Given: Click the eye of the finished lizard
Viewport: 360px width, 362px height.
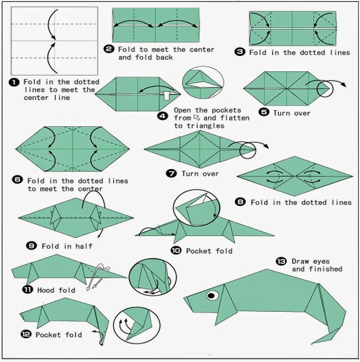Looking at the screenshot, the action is (x=213, y=295).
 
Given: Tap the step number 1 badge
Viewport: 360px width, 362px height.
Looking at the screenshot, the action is (x=14, y=82).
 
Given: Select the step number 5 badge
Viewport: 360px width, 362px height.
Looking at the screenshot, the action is (x=264, y=112).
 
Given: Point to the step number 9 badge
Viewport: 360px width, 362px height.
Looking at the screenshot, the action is (x=31, y=246).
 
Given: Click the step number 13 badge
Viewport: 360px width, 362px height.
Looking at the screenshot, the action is (x=281, y=262).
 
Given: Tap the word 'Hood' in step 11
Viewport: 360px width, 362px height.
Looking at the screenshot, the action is (x=46, y=290).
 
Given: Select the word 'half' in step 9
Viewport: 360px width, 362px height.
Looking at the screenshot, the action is (x=84, y=246).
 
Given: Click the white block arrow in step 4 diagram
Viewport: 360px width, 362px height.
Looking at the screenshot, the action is (x=166, y=95).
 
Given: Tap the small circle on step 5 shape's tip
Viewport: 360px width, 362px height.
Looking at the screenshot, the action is (x=325, y=89).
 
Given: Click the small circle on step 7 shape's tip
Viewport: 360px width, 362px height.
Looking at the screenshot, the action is (x=247, y=150).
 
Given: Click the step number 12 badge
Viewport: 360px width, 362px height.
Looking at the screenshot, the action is (x=26, y=334).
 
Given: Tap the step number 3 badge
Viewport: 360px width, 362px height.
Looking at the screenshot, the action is (x=239, y=52).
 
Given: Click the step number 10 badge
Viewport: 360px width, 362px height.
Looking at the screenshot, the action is (x=176, y=250).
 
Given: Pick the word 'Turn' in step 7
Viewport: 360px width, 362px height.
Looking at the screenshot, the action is (x=190, y=174).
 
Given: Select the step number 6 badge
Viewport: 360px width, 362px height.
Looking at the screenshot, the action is (x=17, y=180).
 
